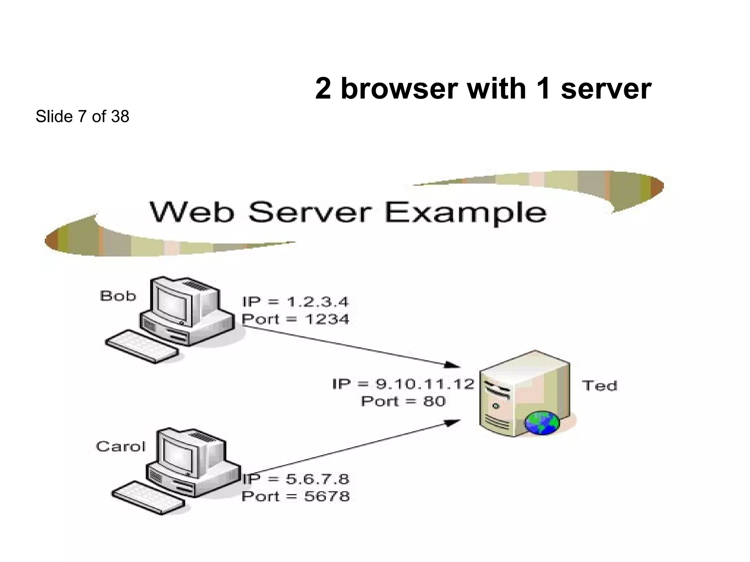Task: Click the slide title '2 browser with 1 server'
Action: (483, 89)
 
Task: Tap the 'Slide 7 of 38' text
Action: (82, 116)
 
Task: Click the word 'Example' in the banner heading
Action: (465, 213)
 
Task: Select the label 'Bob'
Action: (118, 296)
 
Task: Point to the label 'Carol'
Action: (120, 447)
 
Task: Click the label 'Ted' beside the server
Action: (599, 386)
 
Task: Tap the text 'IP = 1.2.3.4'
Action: (295, 302)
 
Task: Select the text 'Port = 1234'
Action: (295, 319)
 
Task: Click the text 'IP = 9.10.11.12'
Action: (403, 384)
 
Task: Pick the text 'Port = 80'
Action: (403, 401)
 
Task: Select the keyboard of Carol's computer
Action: (148, 498)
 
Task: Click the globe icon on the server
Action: (542, 423)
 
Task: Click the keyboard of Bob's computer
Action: (142, 346)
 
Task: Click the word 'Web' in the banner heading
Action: (191, 212)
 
